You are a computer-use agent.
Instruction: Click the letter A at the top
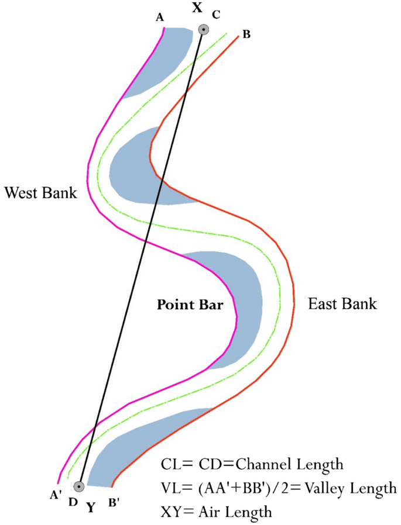point(159,18)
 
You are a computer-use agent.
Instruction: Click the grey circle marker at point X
point(203,30)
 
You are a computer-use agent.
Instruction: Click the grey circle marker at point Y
point(78,486)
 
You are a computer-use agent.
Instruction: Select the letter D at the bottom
point(73,502)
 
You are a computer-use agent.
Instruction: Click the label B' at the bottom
point(115,501)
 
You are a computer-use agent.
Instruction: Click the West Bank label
point(40,192)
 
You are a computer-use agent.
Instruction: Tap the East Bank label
point(342,304)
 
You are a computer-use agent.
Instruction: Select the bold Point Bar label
point(190,304)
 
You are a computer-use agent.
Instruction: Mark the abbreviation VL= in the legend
point(173,488)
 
